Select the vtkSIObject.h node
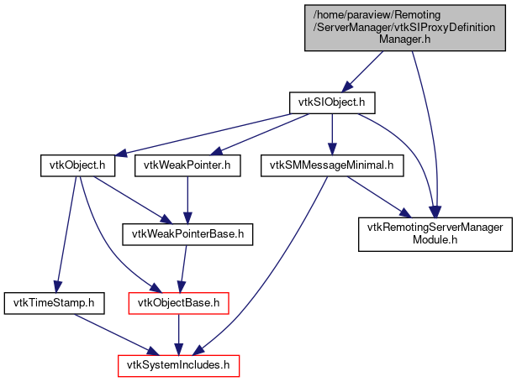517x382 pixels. click(331, 102)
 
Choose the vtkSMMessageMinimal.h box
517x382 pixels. click(332, 165)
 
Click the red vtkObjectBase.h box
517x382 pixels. click(177, 300)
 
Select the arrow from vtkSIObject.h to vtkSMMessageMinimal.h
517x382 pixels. click(332, 133)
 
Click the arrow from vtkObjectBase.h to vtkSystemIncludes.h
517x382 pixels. click(177, 332)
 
